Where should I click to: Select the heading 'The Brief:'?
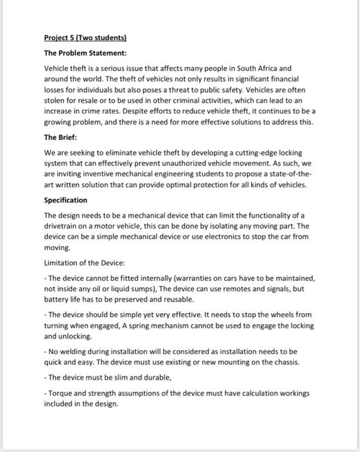60,137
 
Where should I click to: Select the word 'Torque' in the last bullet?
59,393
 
